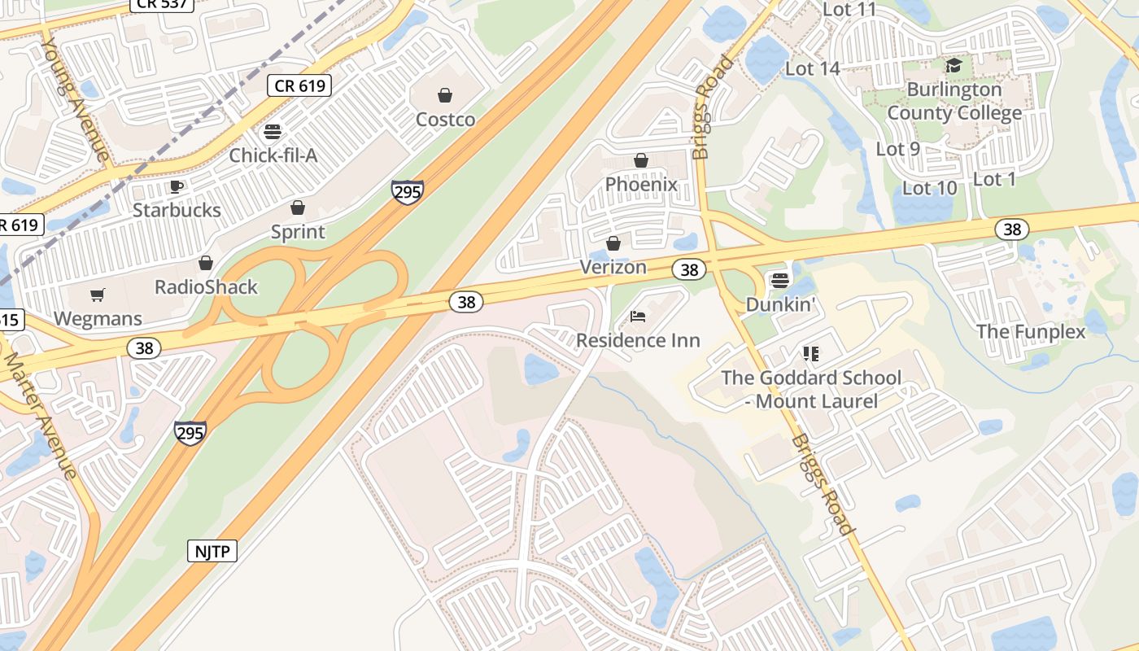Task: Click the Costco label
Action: tap(445, 120)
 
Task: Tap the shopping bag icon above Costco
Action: tap(445, 96)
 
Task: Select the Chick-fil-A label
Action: tap(273, 155)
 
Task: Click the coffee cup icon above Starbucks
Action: tap(177, 186)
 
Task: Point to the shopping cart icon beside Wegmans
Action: tap(98, 295)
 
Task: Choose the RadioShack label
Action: tap(206, 287)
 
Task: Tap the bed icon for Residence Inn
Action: tap(638, 316)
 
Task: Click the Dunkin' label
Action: tap(780, 304)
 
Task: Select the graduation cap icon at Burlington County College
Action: tap(954, 65)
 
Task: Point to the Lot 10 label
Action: tap(930, 188)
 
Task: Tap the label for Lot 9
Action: tap(897, 149)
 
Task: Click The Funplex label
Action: tap(1031, 331)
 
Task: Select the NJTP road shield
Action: tap(212, 551)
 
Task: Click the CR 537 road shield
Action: tap(162, 3)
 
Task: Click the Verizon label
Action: tap(613, 267)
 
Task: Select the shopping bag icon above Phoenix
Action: tap(641, 160)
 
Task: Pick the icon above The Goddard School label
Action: tap(810, 353)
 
